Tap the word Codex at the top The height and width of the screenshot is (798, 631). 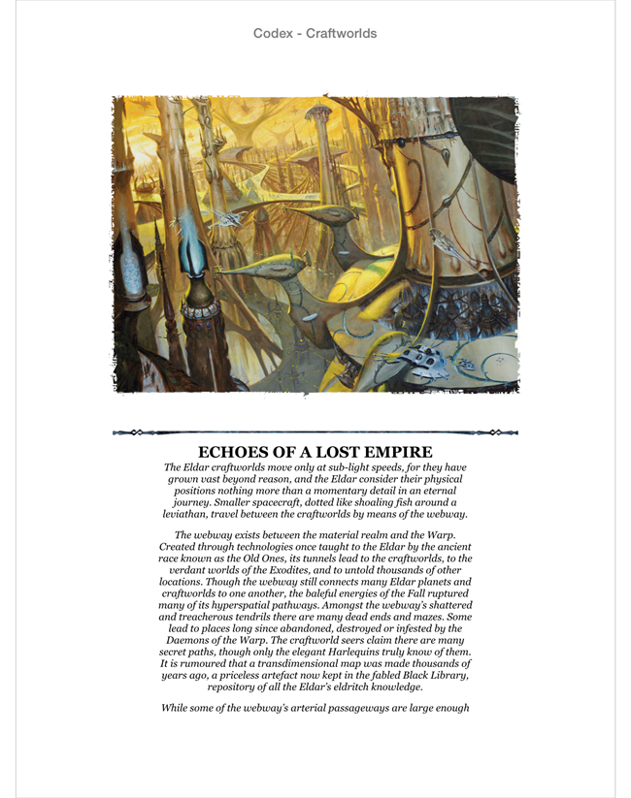pos(273,34)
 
